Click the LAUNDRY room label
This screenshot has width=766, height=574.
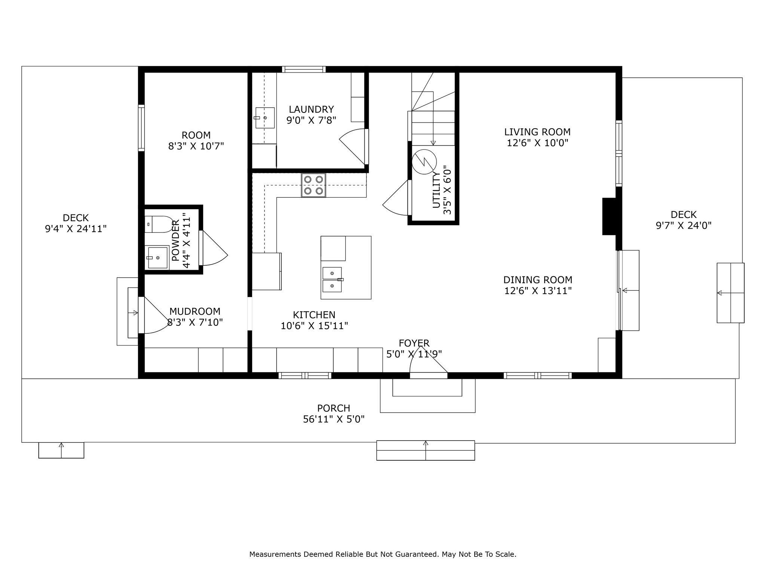(x=311, y=109)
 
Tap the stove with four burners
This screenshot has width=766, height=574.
(x=313, y=185)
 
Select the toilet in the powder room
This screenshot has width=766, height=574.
(x=159, y=224)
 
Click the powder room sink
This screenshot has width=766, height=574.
(x=157, y=257)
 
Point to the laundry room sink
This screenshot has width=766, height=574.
(x=265, y=118)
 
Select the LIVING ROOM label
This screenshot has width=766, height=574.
(x=537, y=132)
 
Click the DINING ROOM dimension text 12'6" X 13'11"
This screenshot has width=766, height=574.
(x=538, y=291)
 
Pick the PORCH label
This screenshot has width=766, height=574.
(x=334, y=408)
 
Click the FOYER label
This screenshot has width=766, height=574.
(x=414, y=343)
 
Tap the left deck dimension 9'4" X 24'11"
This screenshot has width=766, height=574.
(x=76, y=229)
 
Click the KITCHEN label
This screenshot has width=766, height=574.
(x=314, y=315)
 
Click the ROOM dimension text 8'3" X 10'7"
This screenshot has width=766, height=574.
(x=196, y=146)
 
